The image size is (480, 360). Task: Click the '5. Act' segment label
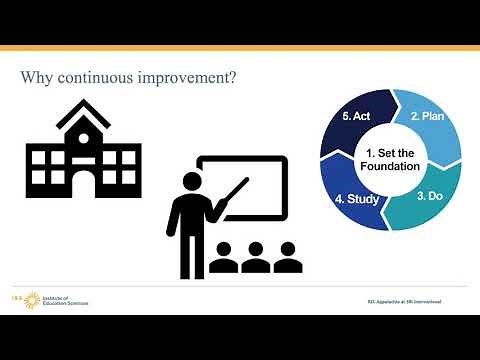tap(356, 116)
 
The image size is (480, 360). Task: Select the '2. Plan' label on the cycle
tap(427, 117)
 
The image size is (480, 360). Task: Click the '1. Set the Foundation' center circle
tap(393, 158)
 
